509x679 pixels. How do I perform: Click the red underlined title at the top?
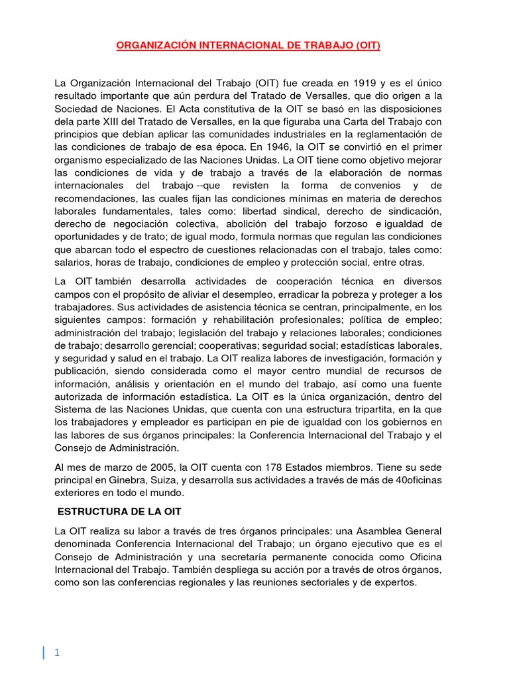coord(249,46)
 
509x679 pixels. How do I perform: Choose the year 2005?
coord(144,466)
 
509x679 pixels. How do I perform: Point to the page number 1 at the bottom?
coord(57,634)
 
